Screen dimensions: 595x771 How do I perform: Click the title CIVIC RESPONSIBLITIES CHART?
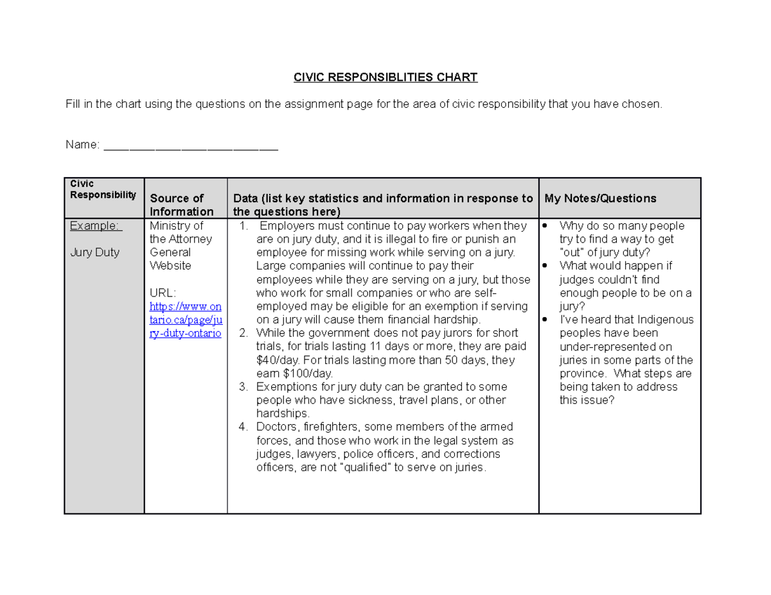(385, 78)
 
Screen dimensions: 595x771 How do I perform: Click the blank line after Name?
(191, 146)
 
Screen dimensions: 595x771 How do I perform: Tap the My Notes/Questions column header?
(600, 198)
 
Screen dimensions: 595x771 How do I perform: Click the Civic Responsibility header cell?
(103, 190)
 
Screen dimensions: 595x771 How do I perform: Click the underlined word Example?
(95, 226)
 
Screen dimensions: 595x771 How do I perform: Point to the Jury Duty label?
(95, 252)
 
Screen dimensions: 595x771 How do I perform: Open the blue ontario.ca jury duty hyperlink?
(186, 320)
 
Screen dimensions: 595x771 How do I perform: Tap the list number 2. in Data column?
(243, 333)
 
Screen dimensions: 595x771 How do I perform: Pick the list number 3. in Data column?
(243, 387)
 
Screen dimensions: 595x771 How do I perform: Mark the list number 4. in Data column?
(243, 427)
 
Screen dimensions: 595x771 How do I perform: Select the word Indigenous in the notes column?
(663, 320)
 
